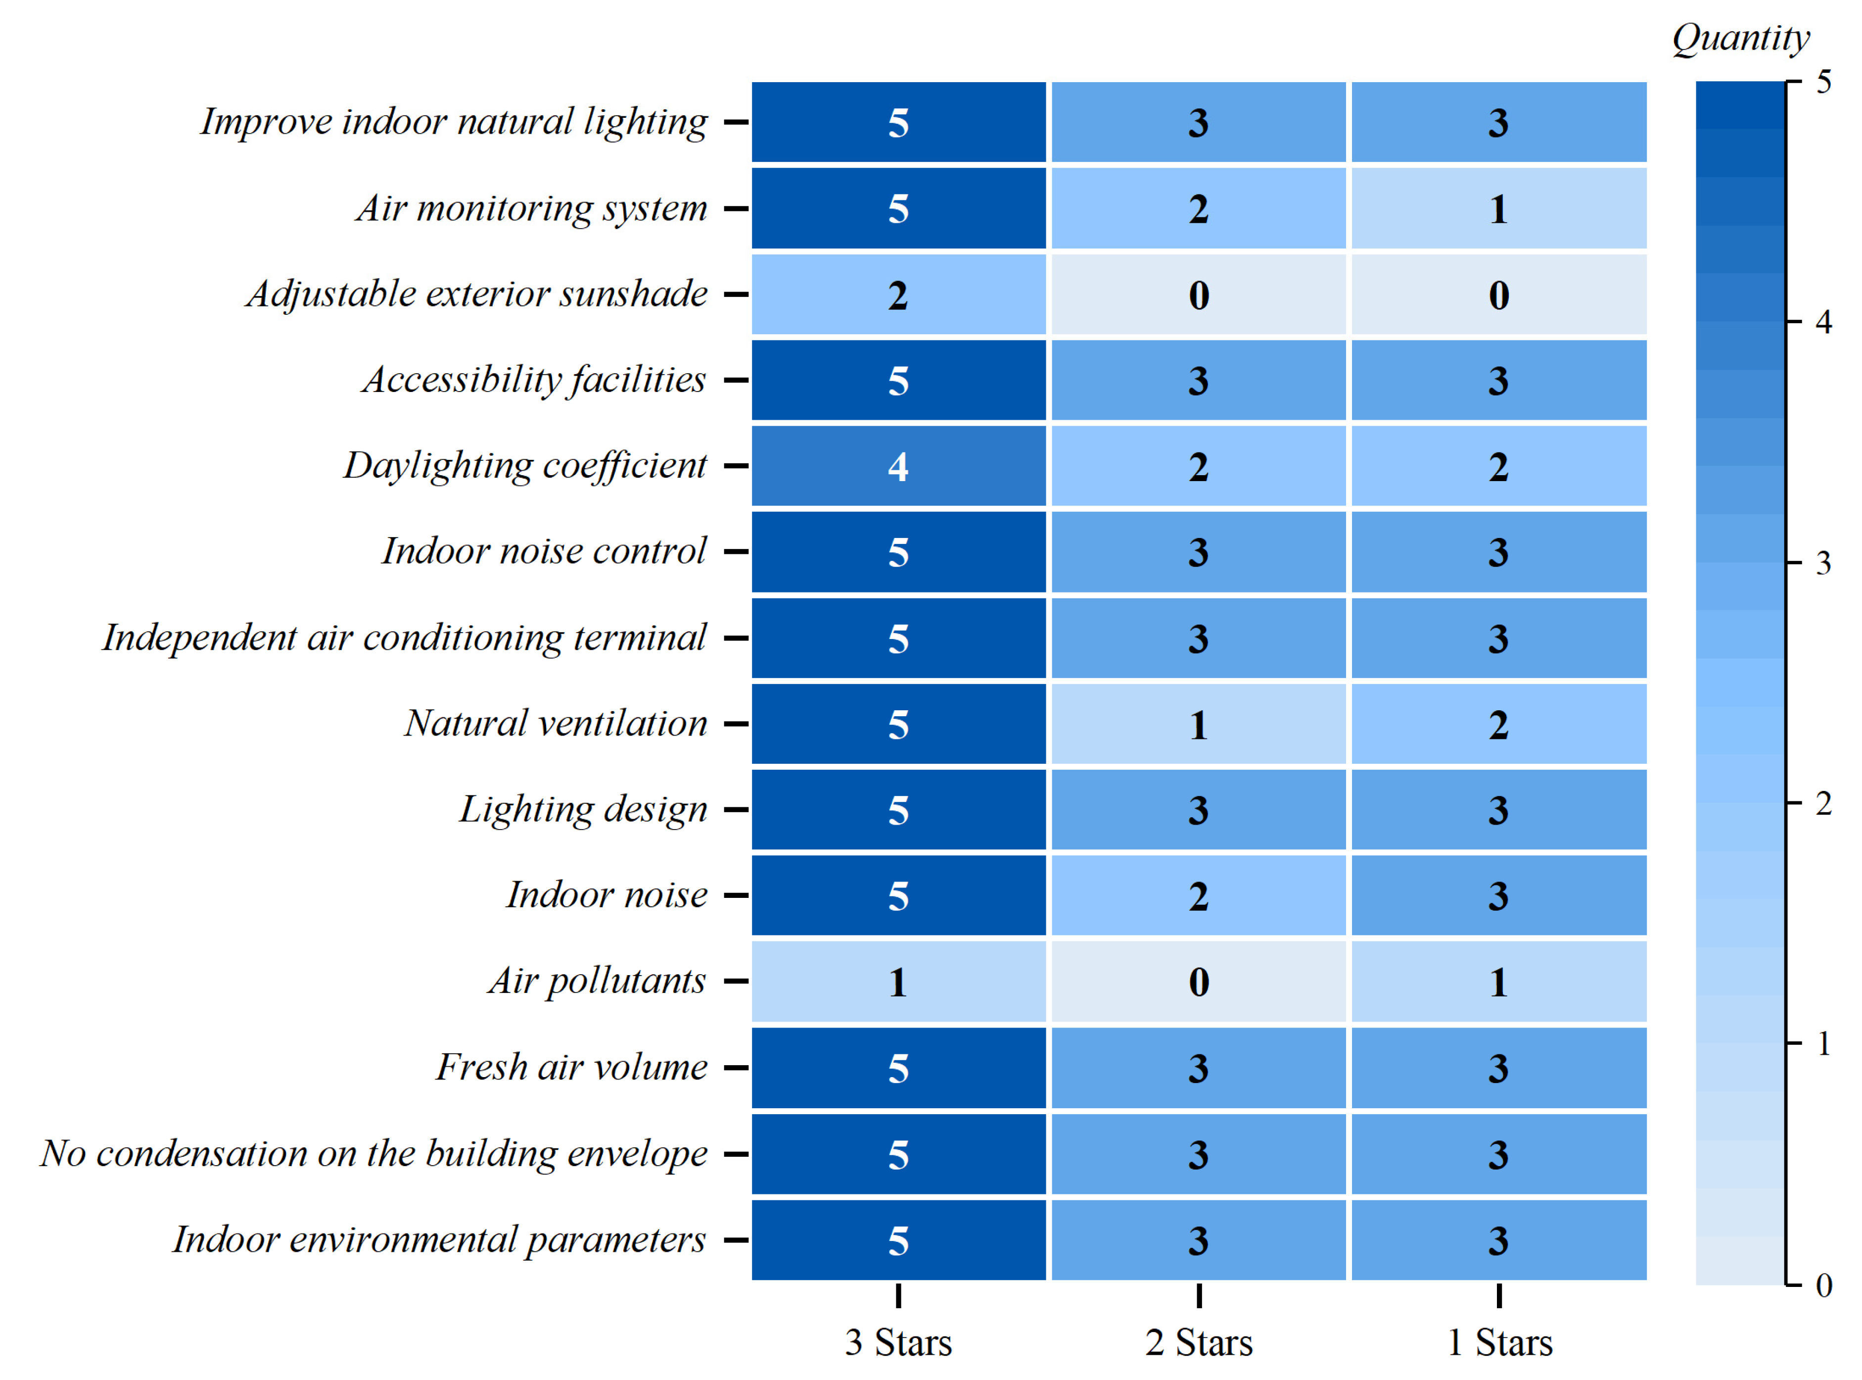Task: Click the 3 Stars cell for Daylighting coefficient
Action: coord(898,466)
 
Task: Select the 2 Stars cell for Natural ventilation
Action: coord(1198,724)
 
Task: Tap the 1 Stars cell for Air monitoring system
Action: coord(1499,208)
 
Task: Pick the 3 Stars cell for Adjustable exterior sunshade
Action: coord(898,294)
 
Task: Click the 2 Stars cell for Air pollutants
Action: coord(1198,982)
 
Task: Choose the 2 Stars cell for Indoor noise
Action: coord(1198,895)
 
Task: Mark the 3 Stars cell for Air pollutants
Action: coord(898,982)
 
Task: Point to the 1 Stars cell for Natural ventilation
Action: coord(1499,724)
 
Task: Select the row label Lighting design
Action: coord(583,809)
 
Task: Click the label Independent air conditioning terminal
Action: coord(404,638)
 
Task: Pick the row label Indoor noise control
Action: coord(544,551)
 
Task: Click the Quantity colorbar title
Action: coord(1740,38)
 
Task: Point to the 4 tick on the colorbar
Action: coord(1823,322)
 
